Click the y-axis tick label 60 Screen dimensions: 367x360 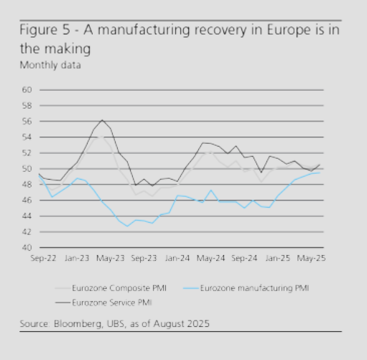pos(27,90)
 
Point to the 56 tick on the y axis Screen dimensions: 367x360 pos(27,121)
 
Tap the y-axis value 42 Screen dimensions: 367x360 pos(27,232)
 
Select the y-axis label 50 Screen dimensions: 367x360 pos(27,169)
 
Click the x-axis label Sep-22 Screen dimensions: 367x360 pos(43,258)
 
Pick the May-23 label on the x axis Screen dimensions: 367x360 pos(111,258)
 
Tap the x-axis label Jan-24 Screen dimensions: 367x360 pos(177,258)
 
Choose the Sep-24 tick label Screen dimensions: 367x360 pos(244,258)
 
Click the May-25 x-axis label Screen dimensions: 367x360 pos(311,258)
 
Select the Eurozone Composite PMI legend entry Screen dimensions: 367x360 pos(111,288)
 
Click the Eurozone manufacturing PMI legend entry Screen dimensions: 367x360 pos(246,288)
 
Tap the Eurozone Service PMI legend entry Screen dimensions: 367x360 pos(103,303)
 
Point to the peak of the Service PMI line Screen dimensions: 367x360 pos(102,120)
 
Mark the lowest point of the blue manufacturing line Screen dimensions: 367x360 pos(127,226)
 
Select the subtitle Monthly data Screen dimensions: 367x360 pos(50,65)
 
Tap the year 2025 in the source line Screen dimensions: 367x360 pos(198,324)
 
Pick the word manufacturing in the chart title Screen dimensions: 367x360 pos(144,30)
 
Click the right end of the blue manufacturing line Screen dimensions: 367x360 pos(320,172)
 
